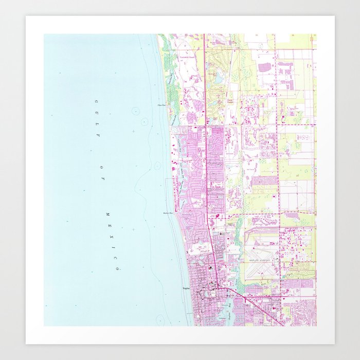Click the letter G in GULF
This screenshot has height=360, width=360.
coord(96,101)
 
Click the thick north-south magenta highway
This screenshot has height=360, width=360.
coord(206,154)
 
